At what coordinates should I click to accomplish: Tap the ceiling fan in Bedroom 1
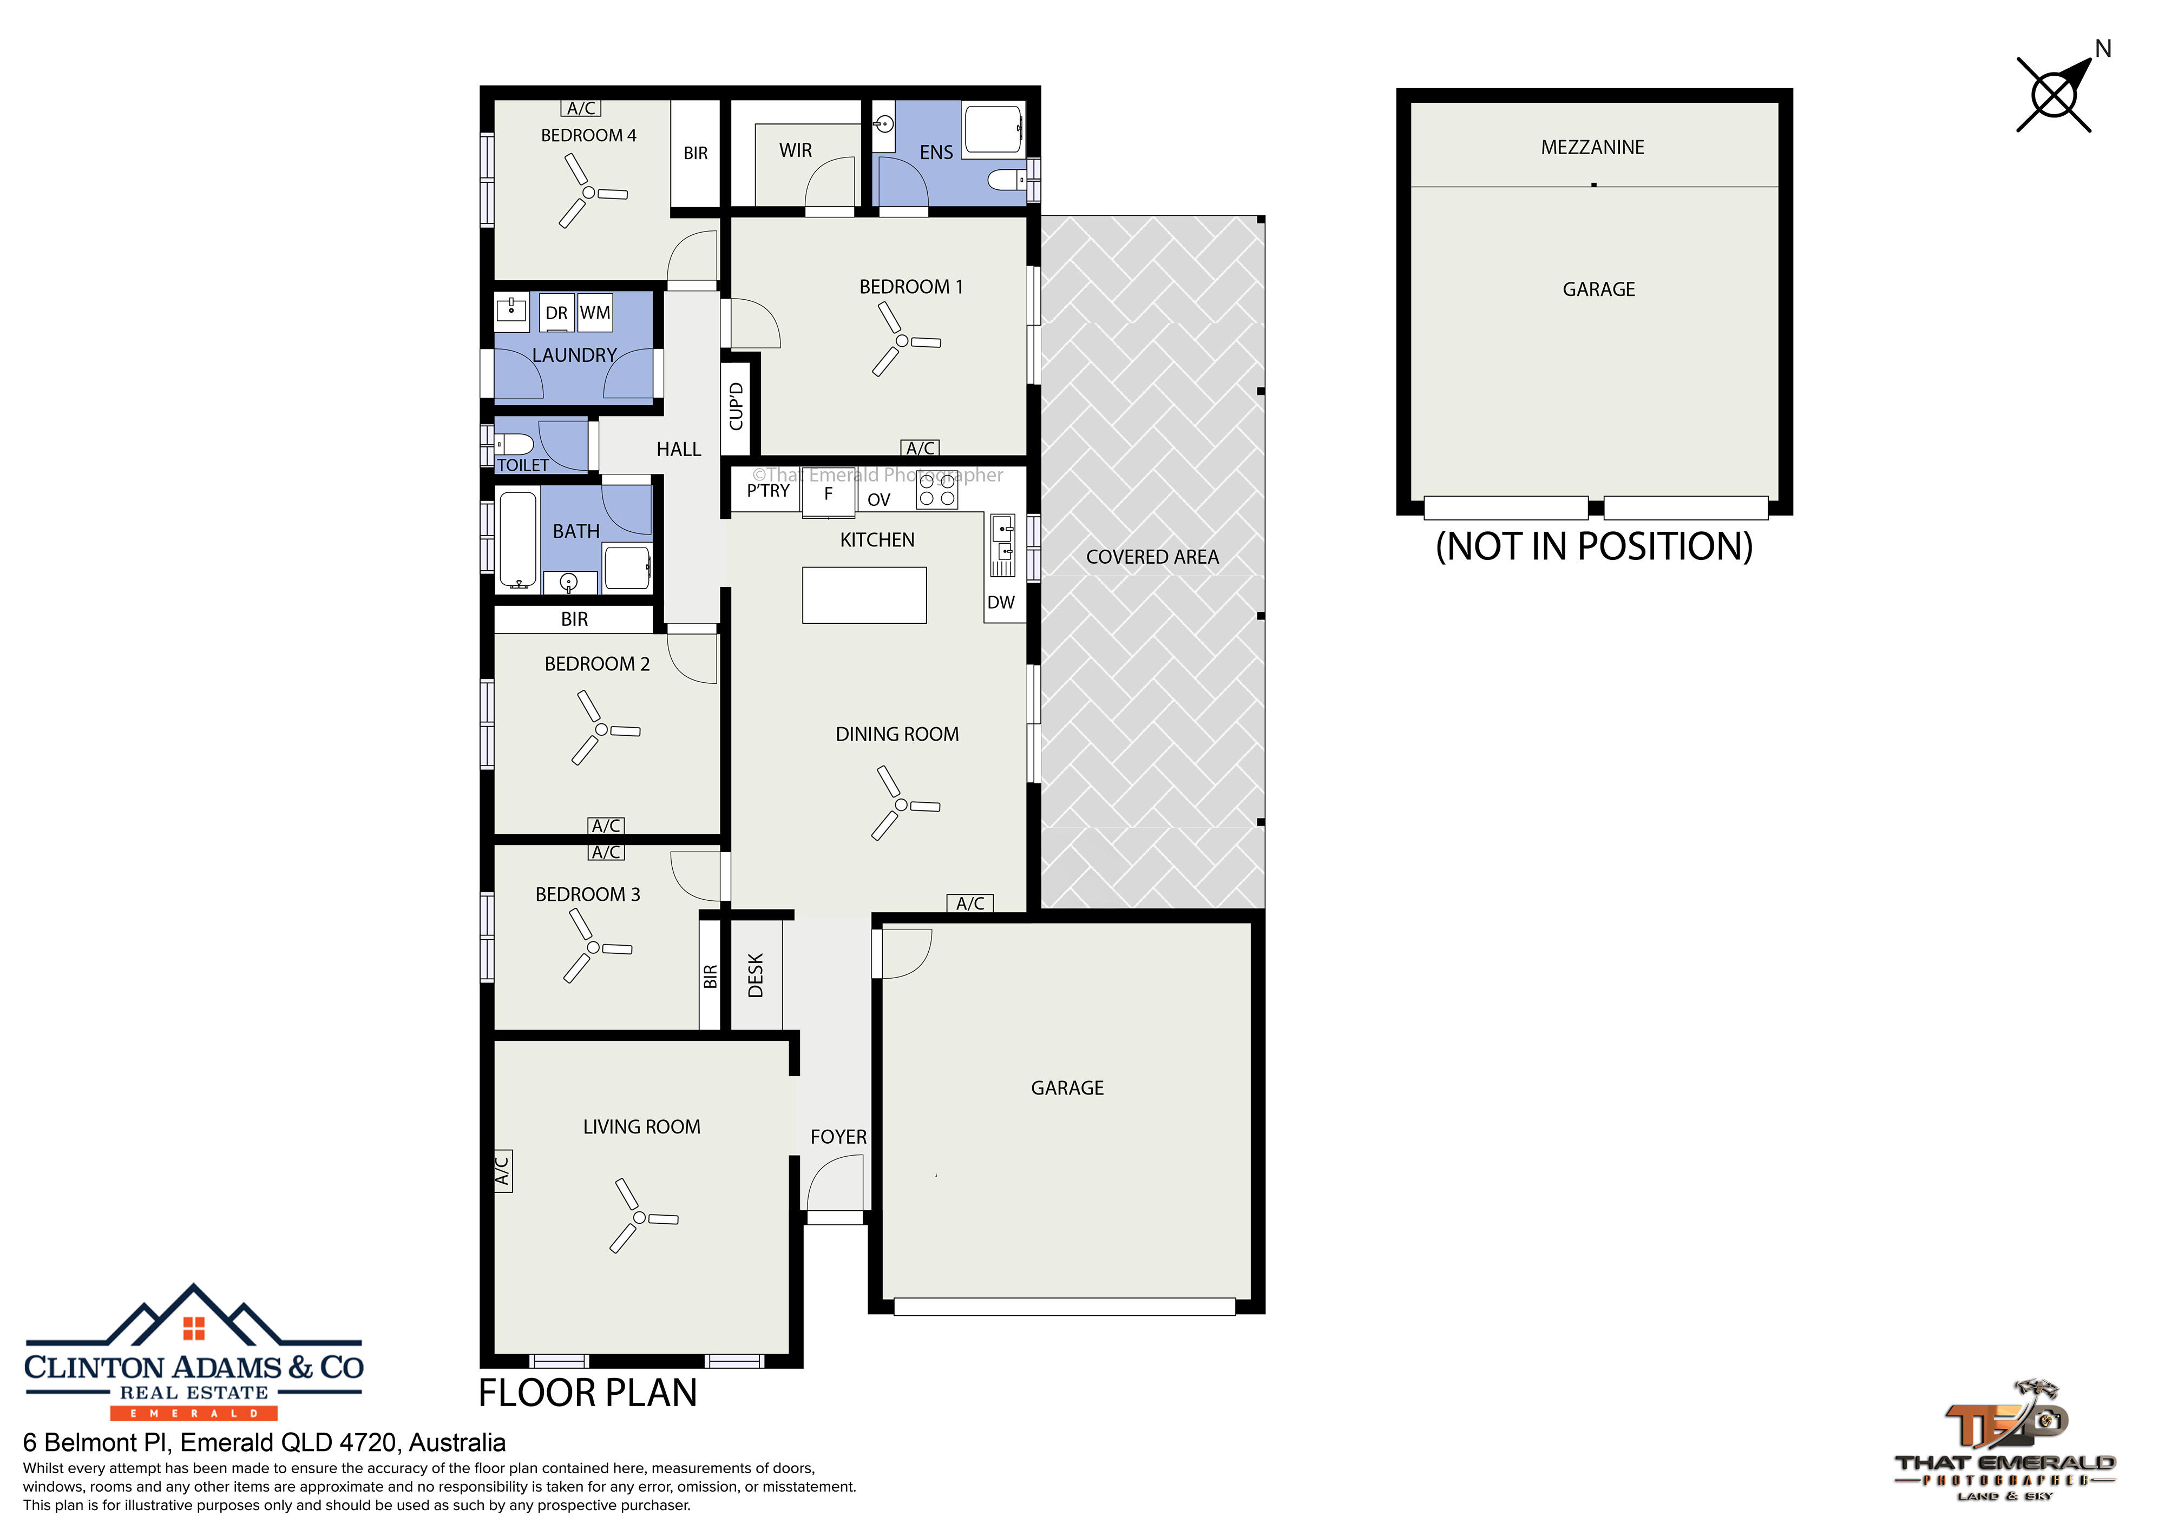click(902, 340)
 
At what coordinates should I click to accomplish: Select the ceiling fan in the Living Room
click(640, 1217)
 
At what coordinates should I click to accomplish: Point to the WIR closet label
click(795, 151)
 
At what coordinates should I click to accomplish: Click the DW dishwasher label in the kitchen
click(1000, 602)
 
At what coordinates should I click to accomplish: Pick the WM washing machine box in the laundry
click(595, 313)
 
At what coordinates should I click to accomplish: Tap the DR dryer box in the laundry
click(556, 313)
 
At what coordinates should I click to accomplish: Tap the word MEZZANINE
click(1593, 147)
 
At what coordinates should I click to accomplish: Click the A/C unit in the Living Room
click(503, 1171)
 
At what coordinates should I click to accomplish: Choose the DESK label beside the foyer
click(755, 975)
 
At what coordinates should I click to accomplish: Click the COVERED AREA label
click(1152, 557)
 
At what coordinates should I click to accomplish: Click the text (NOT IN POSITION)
click(1593, 547)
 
